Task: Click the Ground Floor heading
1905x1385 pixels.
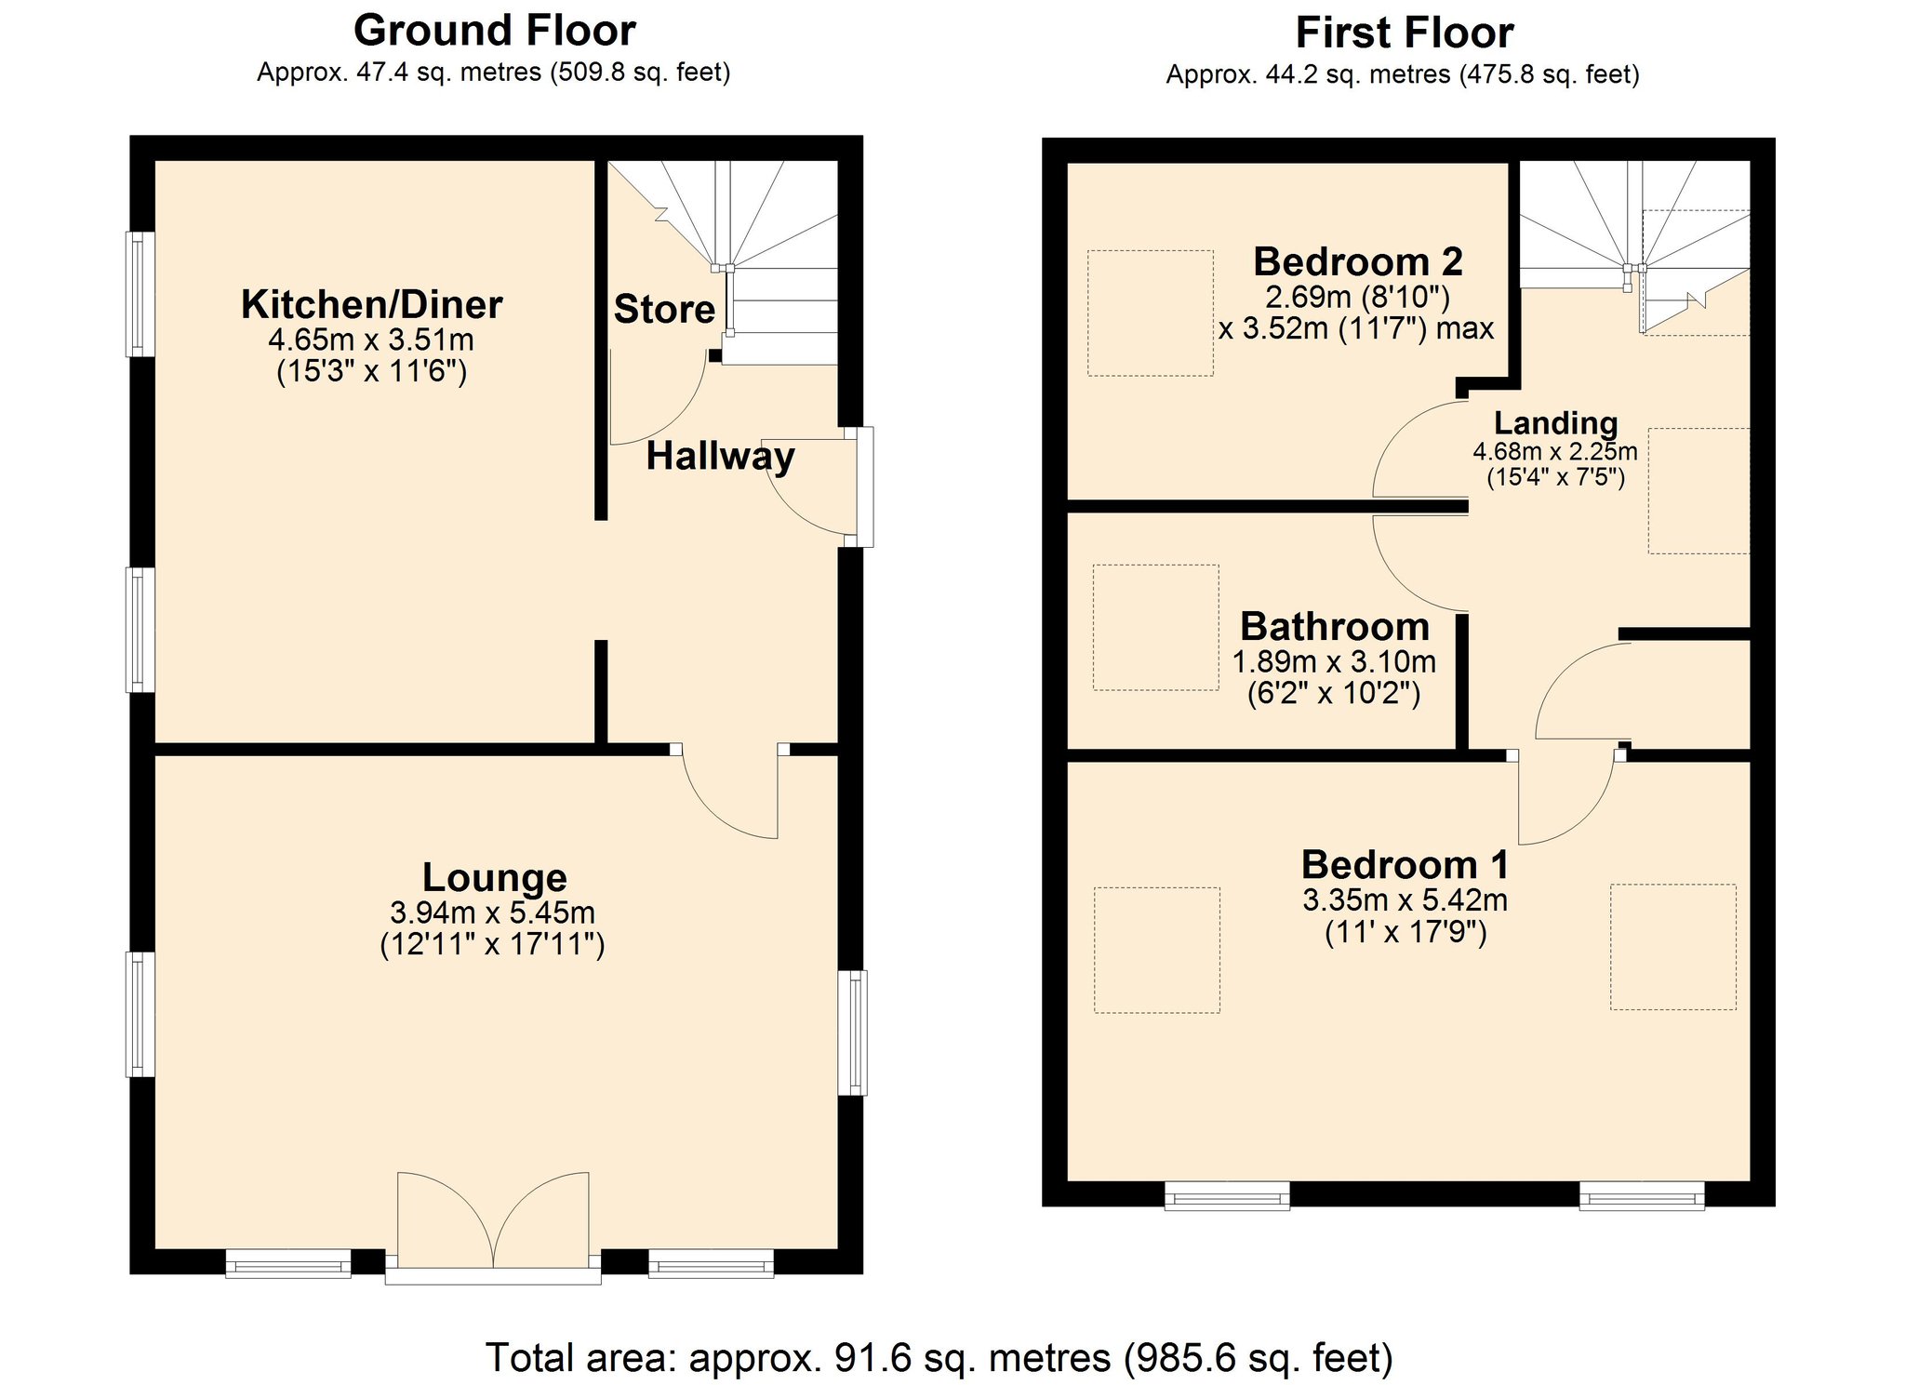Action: pyautogui.click(x=494, y=31)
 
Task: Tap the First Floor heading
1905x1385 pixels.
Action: pyautogui.click(x=1405, y=33)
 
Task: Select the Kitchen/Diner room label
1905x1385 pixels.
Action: pyautogui.click(x=372, y=304)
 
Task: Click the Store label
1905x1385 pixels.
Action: pyautogui.click(x=664, y=310)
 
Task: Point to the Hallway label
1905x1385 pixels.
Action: pyautogui.click(x=721, y=457)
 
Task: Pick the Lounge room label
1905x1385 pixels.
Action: pyautogui.click(x=494, y=877)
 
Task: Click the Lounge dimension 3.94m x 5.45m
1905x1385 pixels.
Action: pyautogui.click(x=493, y=912)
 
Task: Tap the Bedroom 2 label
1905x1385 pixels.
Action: pyautogui.click(x=1358, y=261)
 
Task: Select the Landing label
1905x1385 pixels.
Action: pyautogui.click(x=1556, y=423)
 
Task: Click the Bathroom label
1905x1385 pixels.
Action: pyautogui.click(x=1335, y=627)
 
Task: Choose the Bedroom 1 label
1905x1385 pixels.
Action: pyautogui.click(x=1405, y=865)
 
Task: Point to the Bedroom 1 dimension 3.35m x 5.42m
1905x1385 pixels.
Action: pyautogui.click(x=1405, y=900)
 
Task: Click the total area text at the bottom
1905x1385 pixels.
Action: pyautogui.click(x=939, y=1358)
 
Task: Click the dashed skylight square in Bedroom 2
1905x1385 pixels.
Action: pyautogui.click(x=1151, y=313)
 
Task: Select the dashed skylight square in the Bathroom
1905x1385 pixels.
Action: pyautogui.click(x=1156, y=628)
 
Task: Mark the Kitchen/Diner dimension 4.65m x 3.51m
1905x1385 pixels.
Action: pyautogui.click(x=371, y=340)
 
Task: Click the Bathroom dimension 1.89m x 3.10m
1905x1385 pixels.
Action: pyautogui.click(x=1334, y=662)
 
